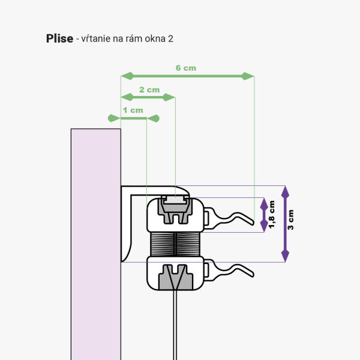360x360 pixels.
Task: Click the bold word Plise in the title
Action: (59, 39)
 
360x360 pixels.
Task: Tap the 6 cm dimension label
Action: (185, 68)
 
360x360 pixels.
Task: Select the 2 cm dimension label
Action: (149, 89)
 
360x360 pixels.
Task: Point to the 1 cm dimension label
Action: (133, 110)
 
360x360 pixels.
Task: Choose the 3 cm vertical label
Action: (291, 221)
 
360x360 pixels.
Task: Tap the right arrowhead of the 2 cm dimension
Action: (170, 97)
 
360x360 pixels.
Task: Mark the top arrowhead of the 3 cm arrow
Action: (285, 191)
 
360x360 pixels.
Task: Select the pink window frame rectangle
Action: (96, 240)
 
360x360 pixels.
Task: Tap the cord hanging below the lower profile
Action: (175, 324)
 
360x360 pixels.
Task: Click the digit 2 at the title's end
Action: (171, 39)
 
